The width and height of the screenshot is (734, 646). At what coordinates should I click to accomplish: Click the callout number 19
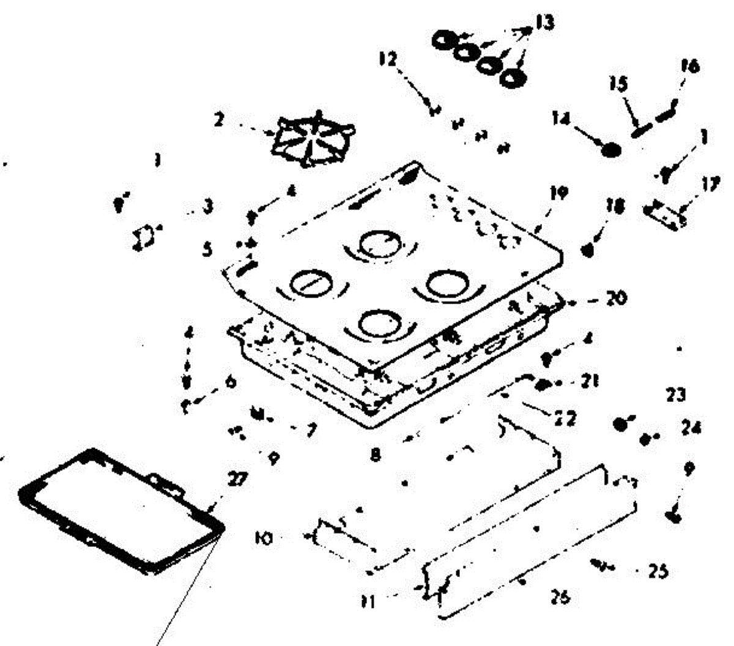pyautogui.click(x=558, y=195)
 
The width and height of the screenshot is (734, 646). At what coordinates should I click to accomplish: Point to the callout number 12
pyautogui.click(x=388, y=59)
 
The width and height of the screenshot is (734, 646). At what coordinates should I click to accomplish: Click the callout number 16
pyautogui.click(x=689, y=66)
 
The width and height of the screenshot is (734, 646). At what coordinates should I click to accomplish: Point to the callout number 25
pyautogui.click(x=658, y=572)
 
